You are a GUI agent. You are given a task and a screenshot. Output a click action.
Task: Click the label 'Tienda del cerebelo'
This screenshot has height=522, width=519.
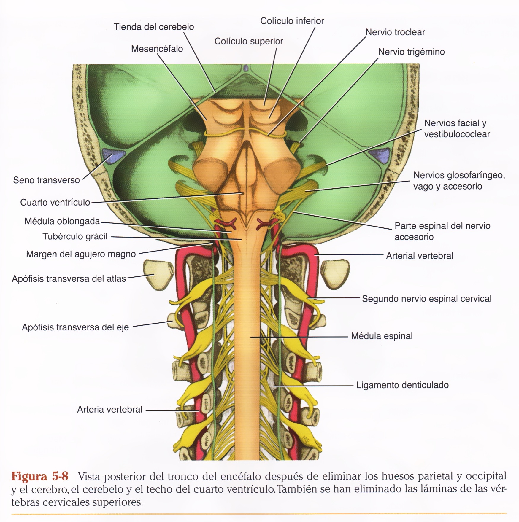click(x=154, y=27)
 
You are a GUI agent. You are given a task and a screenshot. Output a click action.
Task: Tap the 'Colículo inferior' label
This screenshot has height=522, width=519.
click(x=292, y=21)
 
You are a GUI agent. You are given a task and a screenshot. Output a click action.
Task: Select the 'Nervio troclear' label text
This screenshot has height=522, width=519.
click(x=395, y=32)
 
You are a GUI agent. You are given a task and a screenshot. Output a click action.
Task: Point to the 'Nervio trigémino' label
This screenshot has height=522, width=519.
click(x=411, y=52)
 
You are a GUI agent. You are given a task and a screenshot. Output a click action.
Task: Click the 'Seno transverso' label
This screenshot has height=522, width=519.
click(x=46, y=180)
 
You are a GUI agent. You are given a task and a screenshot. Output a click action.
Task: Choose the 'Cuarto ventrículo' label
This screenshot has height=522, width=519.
click(x=55, y=203)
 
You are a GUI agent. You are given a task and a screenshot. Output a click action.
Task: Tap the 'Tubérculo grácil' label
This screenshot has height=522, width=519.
click(x=75, y=237)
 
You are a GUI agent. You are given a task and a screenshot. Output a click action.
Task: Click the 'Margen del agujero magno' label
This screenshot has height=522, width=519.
click(x=81, y=254)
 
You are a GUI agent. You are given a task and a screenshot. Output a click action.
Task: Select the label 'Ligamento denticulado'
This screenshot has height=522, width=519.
click(x=402, y=385)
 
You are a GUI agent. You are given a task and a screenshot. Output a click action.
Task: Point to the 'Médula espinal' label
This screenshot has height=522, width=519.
click(x=382, y=336)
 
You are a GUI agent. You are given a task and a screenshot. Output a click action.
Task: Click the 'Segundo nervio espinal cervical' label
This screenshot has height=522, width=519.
click(x=426, y=299)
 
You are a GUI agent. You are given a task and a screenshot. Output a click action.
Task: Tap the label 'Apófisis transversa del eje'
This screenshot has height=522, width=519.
click(x=75, y=327)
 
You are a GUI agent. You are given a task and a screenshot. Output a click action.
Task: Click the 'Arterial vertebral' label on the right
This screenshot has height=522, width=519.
click(x=419, y=256)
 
